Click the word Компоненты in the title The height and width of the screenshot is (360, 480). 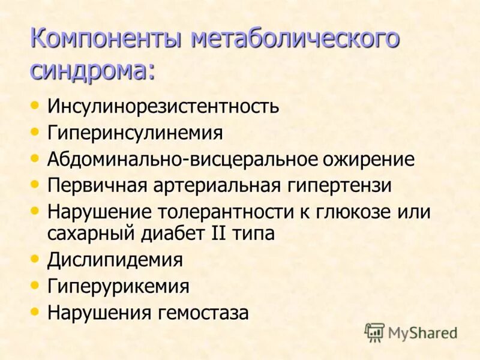(106, 40)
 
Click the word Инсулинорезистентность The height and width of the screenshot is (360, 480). (163, 106)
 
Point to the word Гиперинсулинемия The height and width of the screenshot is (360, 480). (135, 133)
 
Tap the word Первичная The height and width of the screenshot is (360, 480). (98, 185)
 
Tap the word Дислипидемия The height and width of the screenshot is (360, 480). (115, 260)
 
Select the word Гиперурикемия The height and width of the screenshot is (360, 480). (118, 286)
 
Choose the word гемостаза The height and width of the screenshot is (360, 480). (203, 313)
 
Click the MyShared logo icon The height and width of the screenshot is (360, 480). (375, 332)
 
